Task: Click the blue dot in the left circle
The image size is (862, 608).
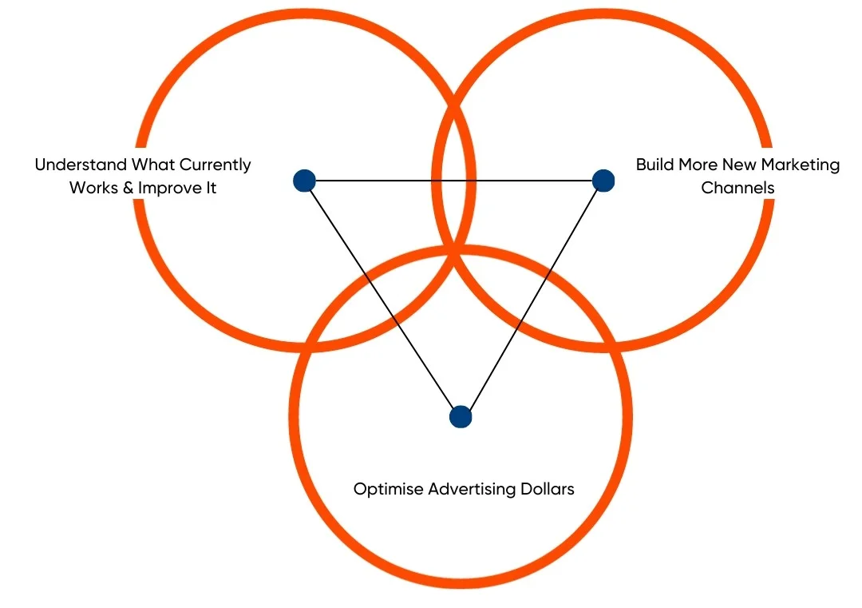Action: click(x=304, y=181)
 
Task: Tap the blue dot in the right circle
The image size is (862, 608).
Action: click(x=603, y=181)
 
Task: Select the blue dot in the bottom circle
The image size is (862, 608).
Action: click(x=461, y=416)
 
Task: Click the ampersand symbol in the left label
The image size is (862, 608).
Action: click(x=127, y=189)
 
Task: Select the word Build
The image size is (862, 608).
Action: click(x=654, y=165)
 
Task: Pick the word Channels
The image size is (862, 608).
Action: click(x=737, y=189)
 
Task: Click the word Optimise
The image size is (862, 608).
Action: click(x=389, y=489)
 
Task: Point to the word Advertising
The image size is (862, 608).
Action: click(x=470, y=489)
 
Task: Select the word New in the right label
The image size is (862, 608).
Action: click(x=739, y=165)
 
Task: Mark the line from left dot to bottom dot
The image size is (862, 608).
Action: click(x=382, y=299)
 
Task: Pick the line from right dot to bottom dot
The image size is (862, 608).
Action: click(x=532, y=298)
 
